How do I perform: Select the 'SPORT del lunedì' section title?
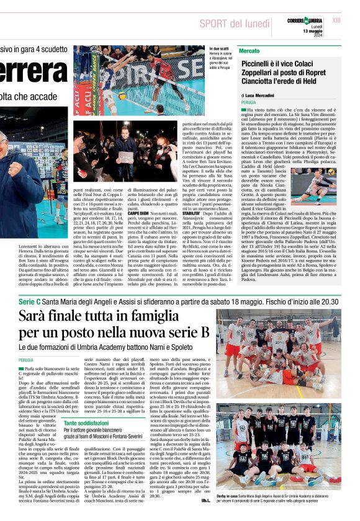235,24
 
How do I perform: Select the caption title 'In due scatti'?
220,48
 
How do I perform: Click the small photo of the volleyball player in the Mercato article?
325,183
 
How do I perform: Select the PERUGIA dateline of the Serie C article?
26,360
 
